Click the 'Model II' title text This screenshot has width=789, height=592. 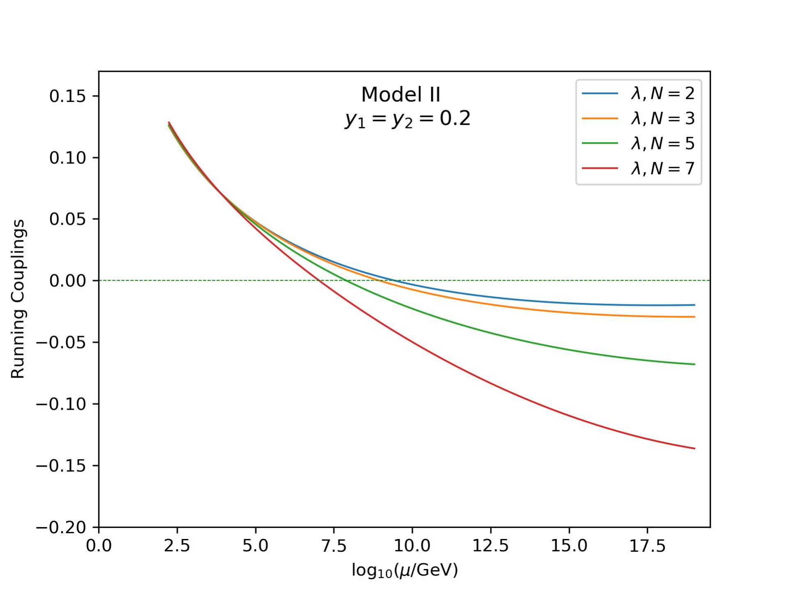[401, 95]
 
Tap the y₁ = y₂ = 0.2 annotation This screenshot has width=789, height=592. [407, 120]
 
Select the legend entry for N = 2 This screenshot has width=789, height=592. [638, 94]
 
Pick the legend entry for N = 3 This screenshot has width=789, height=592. [638, 118]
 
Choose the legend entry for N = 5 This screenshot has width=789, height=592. [638, 143]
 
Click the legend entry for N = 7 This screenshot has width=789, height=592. [638, 168]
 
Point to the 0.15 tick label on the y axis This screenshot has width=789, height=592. [68, 96]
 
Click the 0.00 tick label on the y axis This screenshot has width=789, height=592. [68, 281]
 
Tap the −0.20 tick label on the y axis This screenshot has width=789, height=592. [62, 528]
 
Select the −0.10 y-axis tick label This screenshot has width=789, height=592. [62, 404]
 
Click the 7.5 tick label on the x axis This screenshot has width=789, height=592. [334, 546]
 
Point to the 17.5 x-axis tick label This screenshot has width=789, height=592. [647, 546]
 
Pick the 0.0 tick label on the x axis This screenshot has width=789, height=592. [99, 546]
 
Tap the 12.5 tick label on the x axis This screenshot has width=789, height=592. [490, 546]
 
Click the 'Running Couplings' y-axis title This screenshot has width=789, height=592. [18, 299]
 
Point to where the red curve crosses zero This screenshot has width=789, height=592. [318, 281]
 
